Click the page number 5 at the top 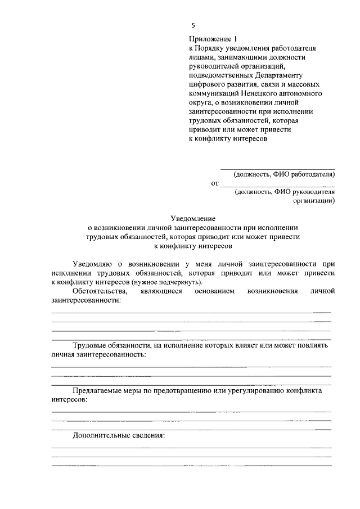(x=193, y=26)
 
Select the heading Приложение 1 (x=209, y=39)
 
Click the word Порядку (x=210, y=48)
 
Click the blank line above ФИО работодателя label (x=277, y=168)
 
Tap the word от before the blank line (x=214, y=183)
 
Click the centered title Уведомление (x=193, y=219)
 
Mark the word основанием (x=214, y=291)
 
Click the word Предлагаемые (x=96, y=390)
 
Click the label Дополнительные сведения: (x=118, y=435)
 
